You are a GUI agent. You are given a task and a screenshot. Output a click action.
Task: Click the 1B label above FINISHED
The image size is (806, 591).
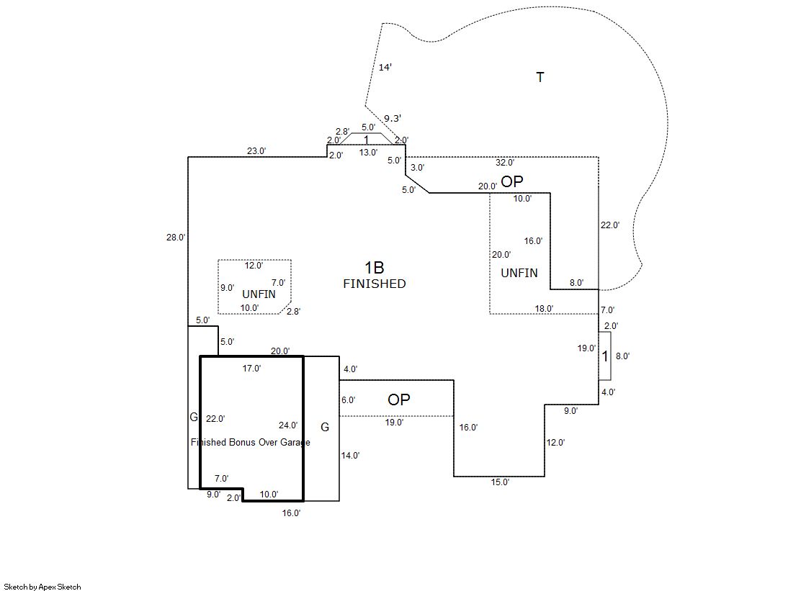coord(375,268)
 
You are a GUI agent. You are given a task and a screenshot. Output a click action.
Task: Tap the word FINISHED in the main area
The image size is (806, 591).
coord(374,284)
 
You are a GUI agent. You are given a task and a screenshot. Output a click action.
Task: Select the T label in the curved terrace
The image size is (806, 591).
coord(540,77)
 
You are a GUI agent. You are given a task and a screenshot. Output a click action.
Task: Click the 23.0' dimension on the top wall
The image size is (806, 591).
coord(256,151)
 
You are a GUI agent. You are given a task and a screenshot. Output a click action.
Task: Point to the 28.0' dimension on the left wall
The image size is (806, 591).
coord(176,237)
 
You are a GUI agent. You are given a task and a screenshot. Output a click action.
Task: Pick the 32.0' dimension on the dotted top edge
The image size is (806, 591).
coord(505,163)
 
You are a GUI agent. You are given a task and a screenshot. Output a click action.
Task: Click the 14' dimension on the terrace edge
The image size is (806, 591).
coord(385,67)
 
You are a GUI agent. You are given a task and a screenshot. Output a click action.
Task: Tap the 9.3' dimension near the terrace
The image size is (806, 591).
coord(393,118)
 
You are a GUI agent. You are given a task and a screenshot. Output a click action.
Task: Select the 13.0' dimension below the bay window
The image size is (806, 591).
coord(368,153)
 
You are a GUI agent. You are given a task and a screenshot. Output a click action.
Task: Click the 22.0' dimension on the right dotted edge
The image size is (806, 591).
coord(610,225)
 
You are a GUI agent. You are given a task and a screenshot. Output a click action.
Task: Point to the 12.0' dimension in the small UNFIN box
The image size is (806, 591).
coord(254,266)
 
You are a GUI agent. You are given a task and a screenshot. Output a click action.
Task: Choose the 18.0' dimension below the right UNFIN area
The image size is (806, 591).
coord(544,309)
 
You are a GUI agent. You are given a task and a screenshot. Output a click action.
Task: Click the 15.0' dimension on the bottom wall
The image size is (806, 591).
coord(500,482)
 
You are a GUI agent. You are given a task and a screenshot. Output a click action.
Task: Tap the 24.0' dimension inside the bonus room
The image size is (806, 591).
coord(288,425)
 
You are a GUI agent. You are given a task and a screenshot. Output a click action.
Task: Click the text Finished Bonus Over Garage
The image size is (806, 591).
coord(251,442)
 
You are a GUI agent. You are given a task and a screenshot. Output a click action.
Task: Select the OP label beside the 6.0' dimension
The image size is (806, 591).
coord(398,400)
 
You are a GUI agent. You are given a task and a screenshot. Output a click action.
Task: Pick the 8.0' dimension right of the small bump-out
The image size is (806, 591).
coord(622,356)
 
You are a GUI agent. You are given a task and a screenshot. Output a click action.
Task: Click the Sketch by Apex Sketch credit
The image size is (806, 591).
coord(42,587)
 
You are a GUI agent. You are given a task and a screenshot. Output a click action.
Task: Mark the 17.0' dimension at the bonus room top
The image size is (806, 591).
coord(251,369)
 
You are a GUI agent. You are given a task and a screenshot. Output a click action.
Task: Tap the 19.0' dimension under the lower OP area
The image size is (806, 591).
coord(394,423)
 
